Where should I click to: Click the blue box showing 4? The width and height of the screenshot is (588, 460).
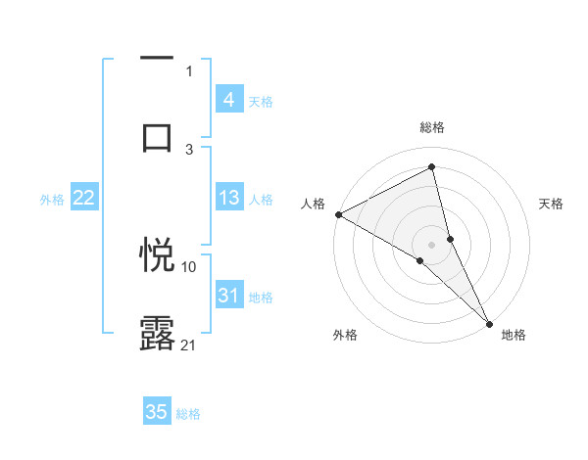pyautogui.click(x=228, y=99)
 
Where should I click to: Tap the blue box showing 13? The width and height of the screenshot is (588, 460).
pyautogui.click(x=228, y=198)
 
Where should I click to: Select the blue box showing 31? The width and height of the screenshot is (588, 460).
pyautogui.click(x=228, y=296)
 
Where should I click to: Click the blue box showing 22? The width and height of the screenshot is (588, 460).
pyautogui.click(x=83, y=198)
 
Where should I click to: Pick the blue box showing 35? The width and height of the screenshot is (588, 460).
pyautogui.click(x=157, y=412)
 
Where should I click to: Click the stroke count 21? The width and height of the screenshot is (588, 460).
pyautogui.click(x=189, y=345)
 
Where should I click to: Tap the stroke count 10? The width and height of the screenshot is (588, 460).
pyautogui.click(x=189, y=266)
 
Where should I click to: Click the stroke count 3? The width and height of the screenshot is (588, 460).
pyautogui.click(x=189, y=149)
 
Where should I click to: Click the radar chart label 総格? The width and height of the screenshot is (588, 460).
pyautogui.click(x=432, y=127)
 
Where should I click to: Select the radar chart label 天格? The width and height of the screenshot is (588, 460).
pyautogui.click(x=552, y=204)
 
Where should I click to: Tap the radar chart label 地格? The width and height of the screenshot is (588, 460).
pyautogui.click(x=514, y=336)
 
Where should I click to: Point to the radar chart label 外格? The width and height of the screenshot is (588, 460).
pyautogui.click(x=345, y=336)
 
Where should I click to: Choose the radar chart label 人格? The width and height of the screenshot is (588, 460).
pyautogui.click(x=313, y=204)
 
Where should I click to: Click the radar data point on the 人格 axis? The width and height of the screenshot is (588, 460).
pyautogui.click(x=338, y=214)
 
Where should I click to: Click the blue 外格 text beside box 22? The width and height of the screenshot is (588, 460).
pyautogui.click(x=52, y=199)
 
